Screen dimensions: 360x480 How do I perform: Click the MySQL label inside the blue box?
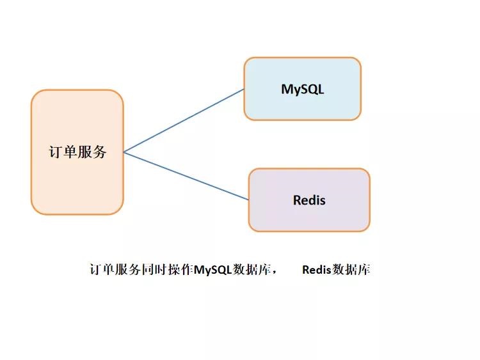pyautogui.click(x=302, y=89)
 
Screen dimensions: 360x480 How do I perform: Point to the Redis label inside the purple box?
pyautogui.click(x=309, y=200)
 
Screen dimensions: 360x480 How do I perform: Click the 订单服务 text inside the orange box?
pyautogui.click(x=77, y=152)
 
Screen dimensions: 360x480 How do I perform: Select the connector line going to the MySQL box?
pyautogui.click(x=184, y=120)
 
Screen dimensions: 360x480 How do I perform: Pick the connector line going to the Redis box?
pyautogui.click(x=186, y=176)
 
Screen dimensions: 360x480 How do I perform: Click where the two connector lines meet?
pyautogui.click(x=124, y=152)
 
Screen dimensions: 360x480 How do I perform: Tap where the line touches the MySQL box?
pyautogui.click(x=244, y=89)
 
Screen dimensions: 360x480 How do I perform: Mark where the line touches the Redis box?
pyautogui.click(x=248, y=200)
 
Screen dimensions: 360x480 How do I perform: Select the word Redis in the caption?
pyautogui.click(x=316, y=269)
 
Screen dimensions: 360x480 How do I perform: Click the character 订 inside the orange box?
pyautogui.click(x=56, y=152)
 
